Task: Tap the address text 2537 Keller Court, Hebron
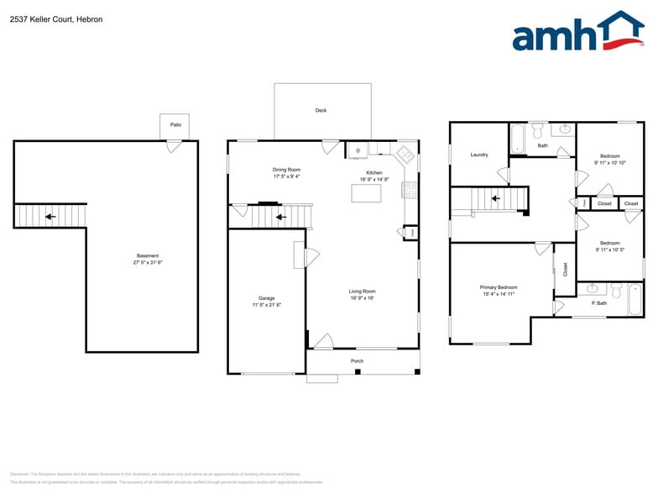(56, 19)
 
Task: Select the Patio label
(175, 124)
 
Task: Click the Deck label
(321, 110)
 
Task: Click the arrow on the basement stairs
(50, 216)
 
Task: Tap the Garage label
(267, 298)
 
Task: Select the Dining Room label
(286, 170)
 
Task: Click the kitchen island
(366, 193)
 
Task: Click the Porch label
(358, 361)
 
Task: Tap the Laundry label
(479, 155)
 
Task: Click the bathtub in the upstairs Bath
(518, 139)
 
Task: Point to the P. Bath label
(599, 302)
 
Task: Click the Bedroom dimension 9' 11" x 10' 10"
(609, 163)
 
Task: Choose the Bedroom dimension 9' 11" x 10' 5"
(609, 250)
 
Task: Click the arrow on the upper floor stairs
(496, 199)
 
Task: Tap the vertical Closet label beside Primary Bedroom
(565, 269)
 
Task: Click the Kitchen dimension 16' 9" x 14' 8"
(373, 179)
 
